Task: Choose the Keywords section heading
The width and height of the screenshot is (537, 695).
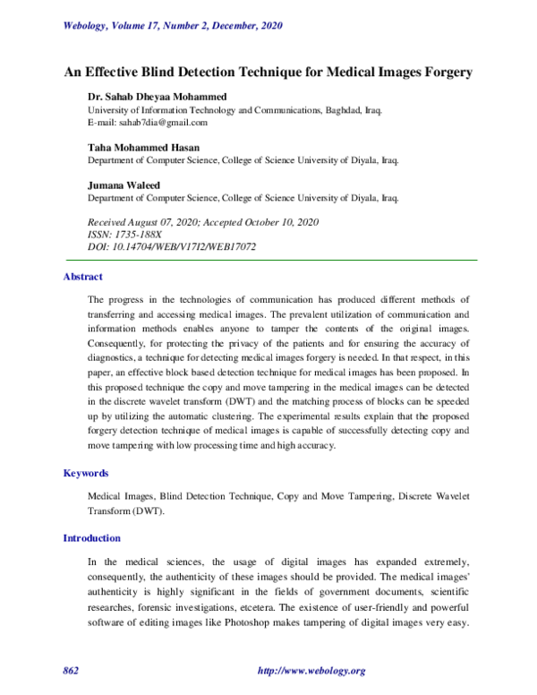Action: click(86, 472)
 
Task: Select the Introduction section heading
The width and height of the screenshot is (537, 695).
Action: click(91, 538)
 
